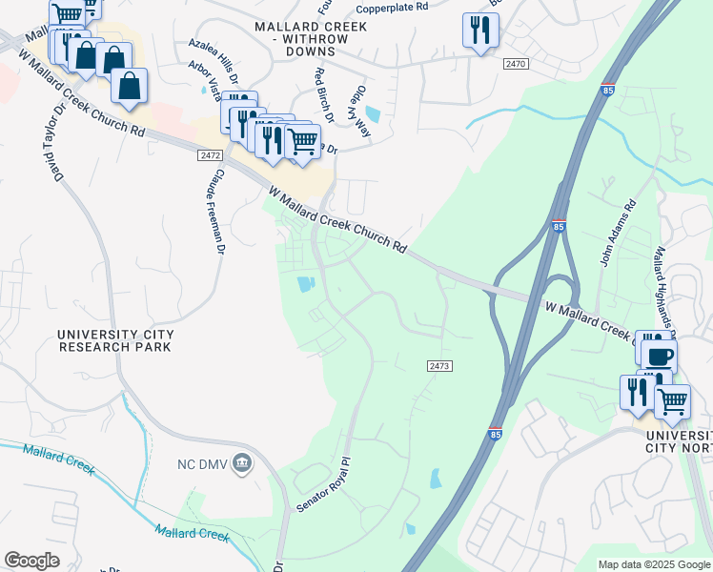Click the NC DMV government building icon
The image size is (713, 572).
243,463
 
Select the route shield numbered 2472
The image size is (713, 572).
211,154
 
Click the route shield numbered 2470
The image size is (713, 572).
516,63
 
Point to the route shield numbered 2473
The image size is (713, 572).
438,366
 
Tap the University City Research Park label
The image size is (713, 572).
114,340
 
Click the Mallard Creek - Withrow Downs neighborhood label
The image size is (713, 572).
310,33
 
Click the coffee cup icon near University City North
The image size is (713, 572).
659,355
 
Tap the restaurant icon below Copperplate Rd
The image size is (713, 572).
479,30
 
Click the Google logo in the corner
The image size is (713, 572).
31,561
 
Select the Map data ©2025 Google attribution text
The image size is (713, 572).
654,564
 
